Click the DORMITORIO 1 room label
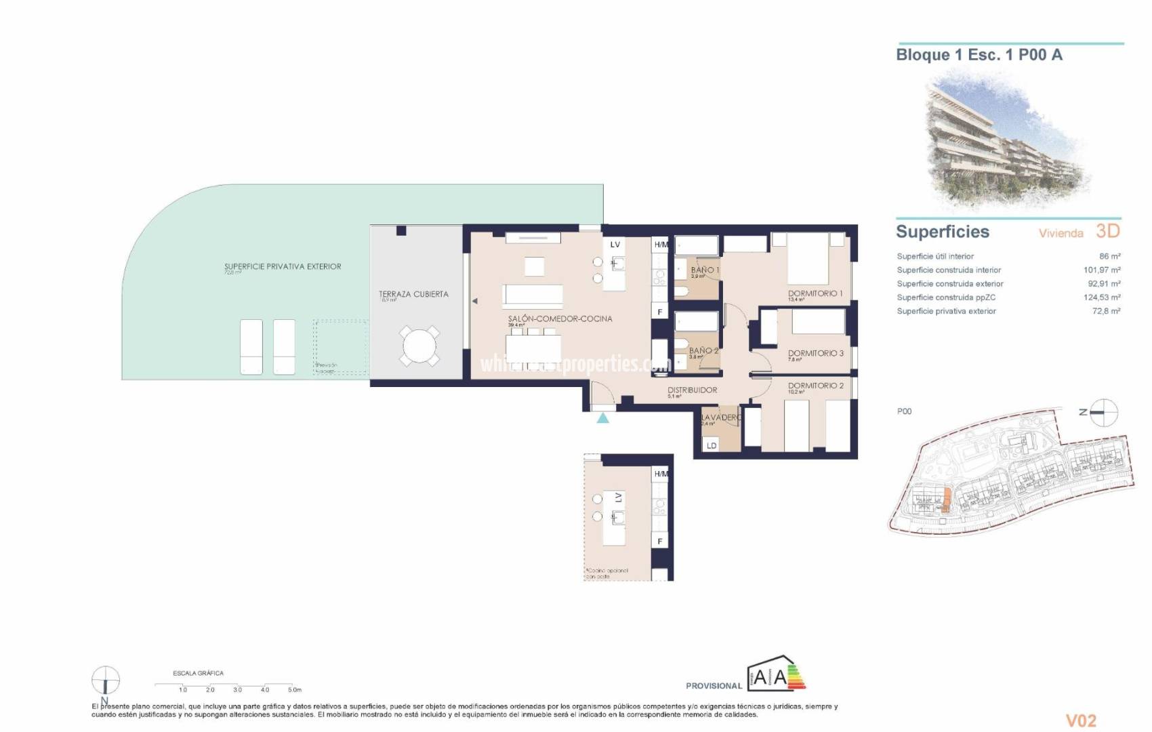coord(815,293)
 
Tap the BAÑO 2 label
coord(703,351)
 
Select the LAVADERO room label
coord(720,418)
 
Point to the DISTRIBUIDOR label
coord(692,390)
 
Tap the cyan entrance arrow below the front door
coord(602,418)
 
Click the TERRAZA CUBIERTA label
coord(413,294)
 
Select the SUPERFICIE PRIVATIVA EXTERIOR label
coord(283,266)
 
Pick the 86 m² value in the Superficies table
coord(1109,256)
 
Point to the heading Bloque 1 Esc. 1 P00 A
coord(979,55)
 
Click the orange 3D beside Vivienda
coord(1107,231)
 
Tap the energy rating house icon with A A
coord(775,674)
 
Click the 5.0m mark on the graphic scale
coord(294,689)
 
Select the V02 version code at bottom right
coord(1081,720)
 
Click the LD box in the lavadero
coord(712,445)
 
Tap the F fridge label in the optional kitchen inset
coord(659,542)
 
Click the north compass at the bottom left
coord(105,680)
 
